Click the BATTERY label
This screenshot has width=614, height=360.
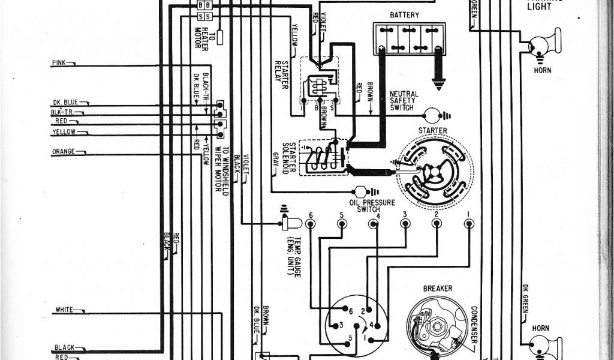[x=404, y=15]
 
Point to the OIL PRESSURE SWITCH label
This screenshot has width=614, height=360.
[x=372, y=206]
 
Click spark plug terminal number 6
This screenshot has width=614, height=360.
[x=311, y=224]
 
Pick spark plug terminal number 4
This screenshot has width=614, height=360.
[x=374, y=224]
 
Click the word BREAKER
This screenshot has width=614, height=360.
[x=438, y=289]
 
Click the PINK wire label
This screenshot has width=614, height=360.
[x=59, y=62]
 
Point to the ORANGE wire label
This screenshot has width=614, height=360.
[x=64, y=152]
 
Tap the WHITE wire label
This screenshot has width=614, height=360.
[x=64, y=310]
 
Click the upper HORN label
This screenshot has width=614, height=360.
[x=542, y=70]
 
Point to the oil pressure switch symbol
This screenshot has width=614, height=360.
[x=361, y=192]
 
